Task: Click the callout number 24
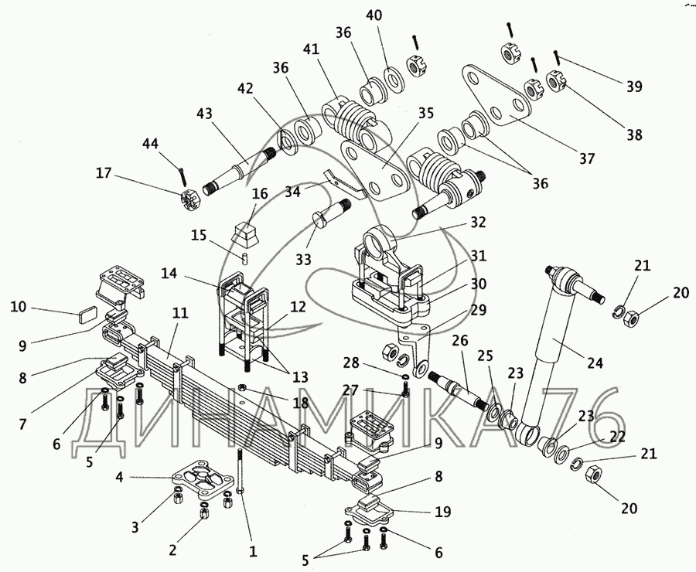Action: click(595, 363)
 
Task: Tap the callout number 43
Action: click(204, 114)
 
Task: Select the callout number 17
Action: click(104, 172)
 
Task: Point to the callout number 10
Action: click(19, 307)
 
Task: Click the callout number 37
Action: click(586, 158)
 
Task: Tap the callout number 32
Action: click(478, 222)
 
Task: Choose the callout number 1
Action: click(253, 551)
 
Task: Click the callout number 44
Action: click(150, 144)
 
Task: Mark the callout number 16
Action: click(261, 193)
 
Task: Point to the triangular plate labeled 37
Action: click(497, 94)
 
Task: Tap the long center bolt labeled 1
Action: click(240, 472)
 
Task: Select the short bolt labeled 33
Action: click(332, 213)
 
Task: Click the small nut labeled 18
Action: click(243, 387)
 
